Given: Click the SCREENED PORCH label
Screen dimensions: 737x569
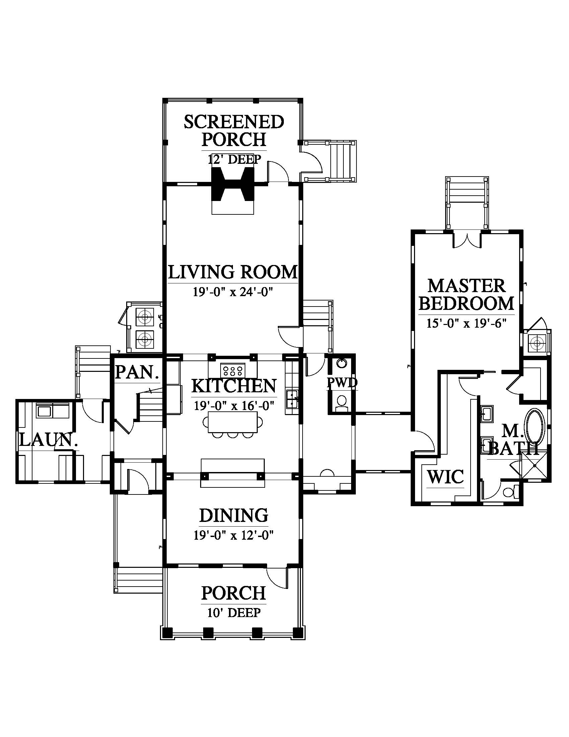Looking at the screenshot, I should [234, 131].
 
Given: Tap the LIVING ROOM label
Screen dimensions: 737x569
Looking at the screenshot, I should [233, 272].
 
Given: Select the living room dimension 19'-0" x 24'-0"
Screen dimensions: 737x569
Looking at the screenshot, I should [233, 292].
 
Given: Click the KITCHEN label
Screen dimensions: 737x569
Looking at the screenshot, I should [234, 386].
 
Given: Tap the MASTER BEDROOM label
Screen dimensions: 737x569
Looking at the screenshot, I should [467, 294].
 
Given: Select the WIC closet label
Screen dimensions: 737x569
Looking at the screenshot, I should [445, 476].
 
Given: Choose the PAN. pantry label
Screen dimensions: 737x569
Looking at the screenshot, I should [137, 373].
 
